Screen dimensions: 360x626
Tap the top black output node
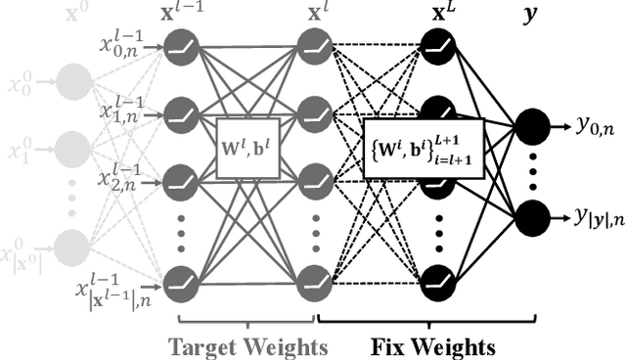[531, 125]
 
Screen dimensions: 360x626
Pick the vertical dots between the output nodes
[531, 172]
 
